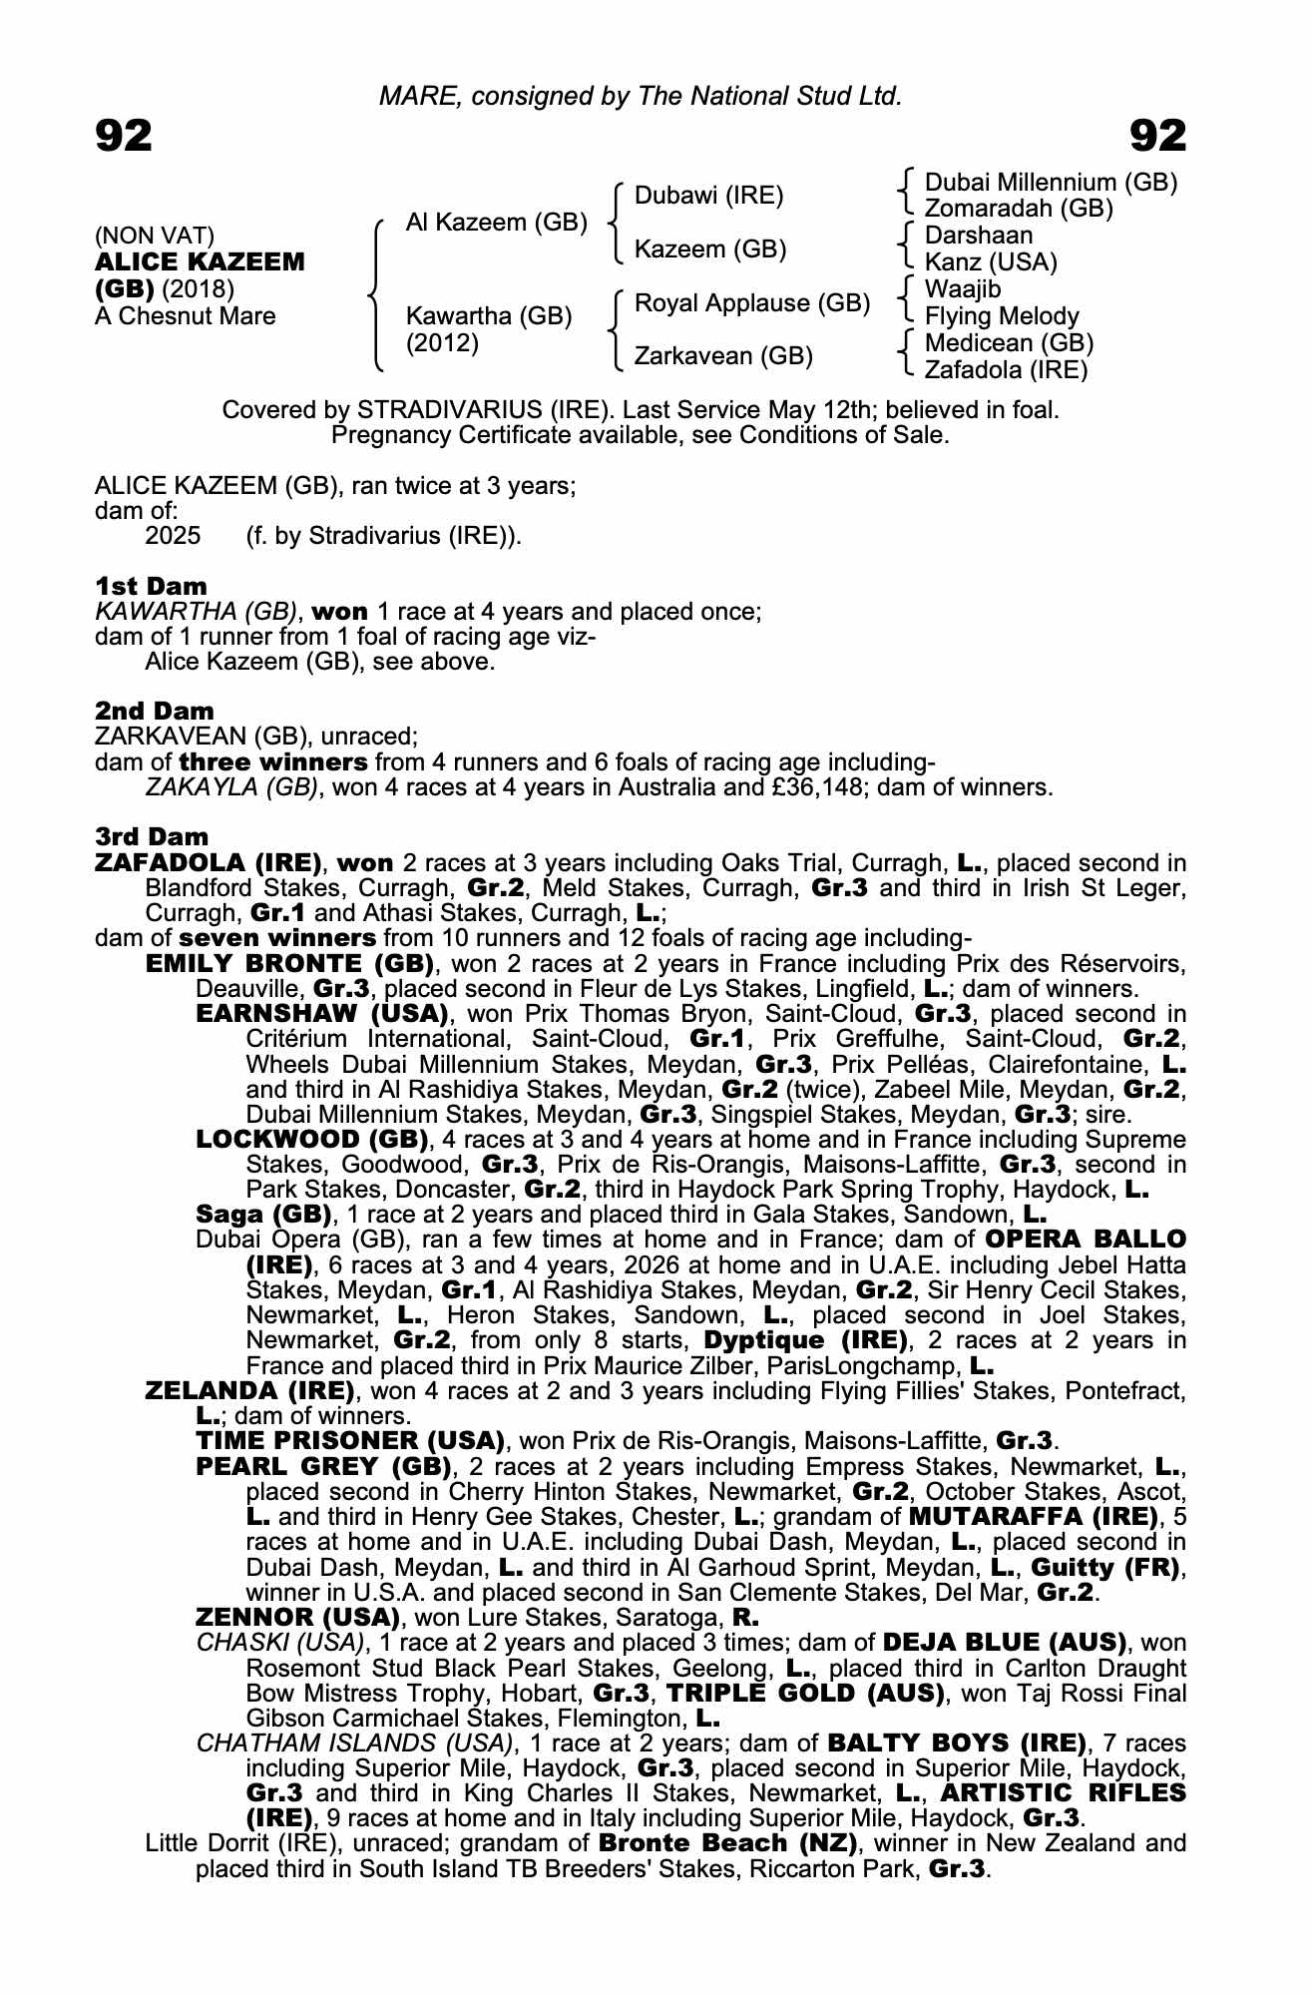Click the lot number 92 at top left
click(124, 136)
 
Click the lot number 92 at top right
click(1157, 136)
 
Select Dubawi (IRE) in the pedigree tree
click(708, 196)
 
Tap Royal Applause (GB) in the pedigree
click(752, 302)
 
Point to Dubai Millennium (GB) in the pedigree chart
click(1051, 183)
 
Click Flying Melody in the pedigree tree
click(1002, 316)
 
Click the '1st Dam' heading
click(151, 586)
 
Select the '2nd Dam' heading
click(154, 711)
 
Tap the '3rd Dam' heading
click(152, 836)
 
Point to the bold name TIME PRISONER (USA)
click(350, 1441)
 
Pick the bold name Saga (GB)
click(263, 1215)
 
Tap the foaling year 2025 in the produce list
click(173, 536)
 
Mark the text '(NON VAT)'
click(155, 237)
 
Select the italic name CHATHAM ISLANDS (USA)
click(354, 1743)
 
